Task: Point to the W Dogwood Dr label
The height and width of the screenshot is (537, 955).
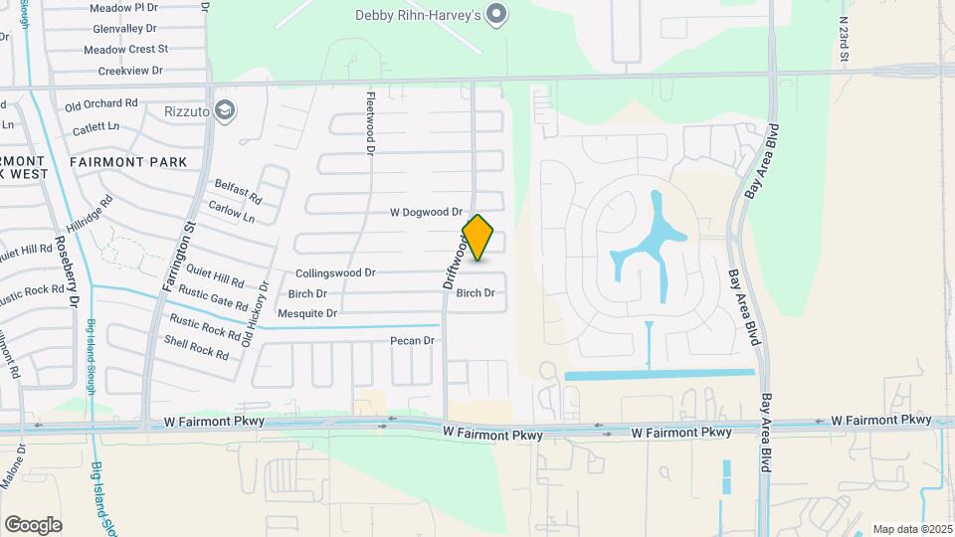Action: tap(426, 212)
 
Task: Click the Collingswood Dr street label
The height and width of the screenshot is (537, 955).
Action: tap(335, 272)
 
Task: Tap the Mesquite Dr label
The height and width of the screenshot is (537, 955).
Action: tap(307, 313)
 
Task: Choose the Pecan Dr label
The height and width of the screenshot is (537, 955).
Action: tap(413, 341)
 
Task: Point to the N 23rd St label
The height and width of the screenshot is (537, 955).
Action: tap(843, 40)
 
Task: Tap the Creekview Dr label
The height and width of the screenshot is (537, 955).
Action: tap(130, 72)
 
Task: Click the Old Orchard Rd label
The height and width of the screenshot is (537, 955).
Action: tap(100, 103)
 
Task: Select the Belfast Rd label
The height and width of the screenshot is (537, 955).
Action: tap(238, 190)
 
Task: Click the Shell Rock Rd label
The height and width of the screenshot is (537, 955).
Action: tap(197, 346)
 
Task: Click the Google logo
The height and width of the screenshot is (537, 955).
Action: tap(33, 524)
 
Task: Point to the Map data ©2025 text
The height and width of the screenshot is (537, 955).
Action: tap(911, 529)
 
